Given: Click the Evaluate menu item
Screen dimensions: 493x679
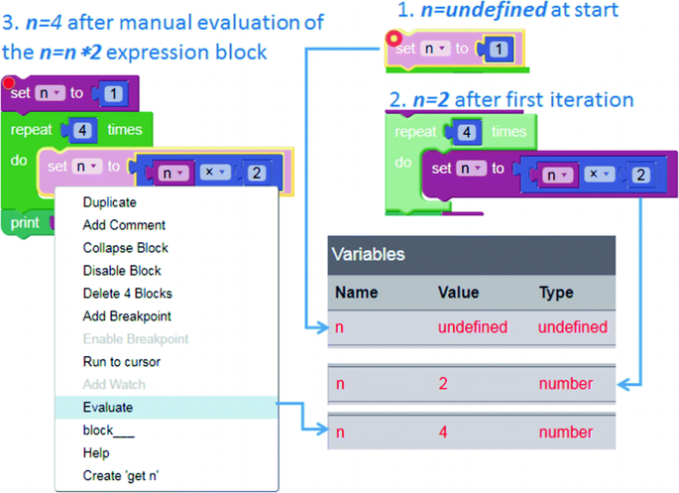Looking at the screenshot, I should point(108,407).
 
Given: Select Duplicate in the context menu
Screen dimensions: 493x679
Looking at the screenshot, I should point(109,202).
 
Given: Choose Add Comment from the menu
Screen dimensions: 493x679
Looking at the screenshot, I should point(124,225).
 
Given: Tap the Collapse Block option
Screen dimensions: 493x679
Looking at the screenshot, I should point(125,248).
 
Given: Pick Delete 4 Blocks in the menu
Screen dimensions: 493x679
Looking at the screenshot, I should point(127,293).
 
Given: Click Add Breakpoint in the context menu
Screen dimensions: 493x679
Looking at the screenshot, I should point(127,315).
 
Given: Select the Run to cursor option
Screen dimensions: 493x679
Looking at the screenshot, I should point(121,361).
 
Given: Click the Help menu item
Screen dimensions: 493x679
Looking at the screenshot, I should point(97,452).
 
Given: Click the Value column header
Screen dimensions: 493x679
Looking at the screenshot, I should point(458,293).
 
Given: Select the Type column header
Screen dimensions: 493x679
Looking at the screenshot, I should point(556,293).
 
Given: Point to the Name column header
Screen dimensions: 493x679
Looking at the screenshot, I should point(357,293).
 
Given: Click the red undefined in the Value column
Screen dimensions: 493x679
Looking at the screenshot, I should point(472,327).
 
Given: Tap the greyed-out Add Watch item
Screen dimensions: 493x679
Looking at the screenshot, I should point(114,384).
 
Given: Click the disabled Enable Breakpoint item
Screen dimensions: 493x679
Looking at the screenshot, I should point(136,338).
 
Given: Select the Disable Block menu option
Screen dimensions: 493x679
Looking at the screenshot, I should point(122,270).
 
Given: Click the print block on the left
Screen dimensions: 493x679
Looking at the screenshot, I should point(25,223).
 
